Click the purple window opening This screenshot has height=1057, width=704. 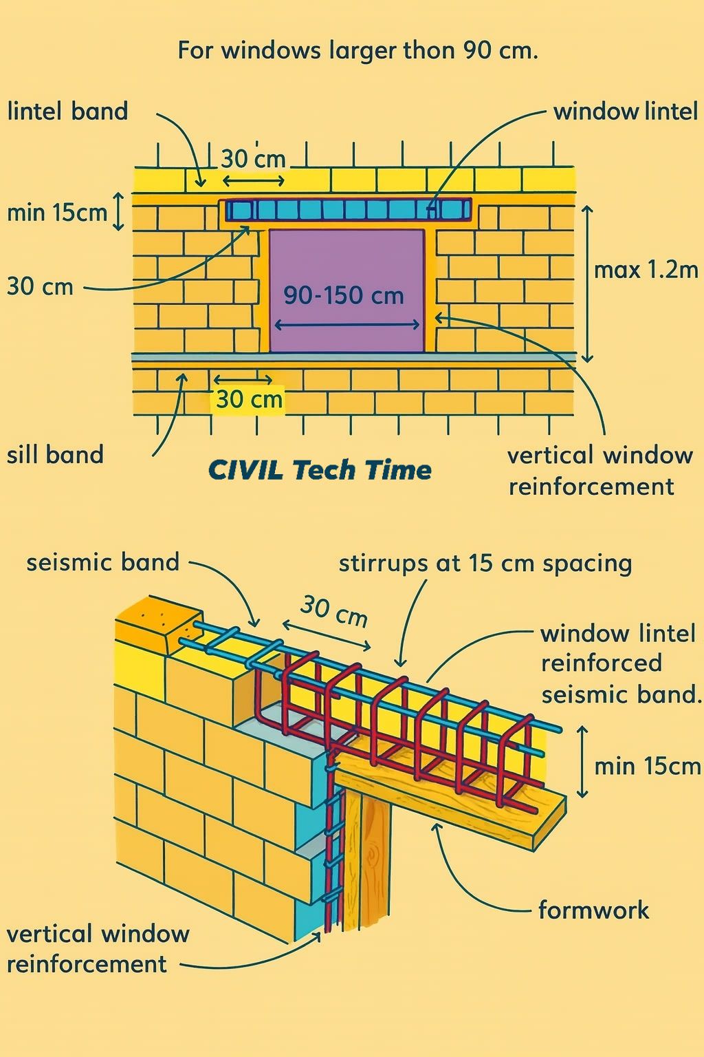pyautogui.click(x=347, y=290)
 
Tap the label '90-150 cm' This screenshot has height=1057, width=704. pyautogui.click(x=344, y=296)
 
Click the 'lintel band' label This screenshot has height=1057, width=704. pyautogui.click(x=68, y=112)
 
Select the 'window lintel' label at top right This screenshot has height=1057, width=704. pyautogui.click(x=625, y=112)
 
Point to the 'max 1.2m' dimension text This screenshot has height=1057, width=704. pyautogui.click(x=646, y=270)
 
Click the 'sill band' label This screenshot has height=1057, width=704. pyautogui.click(x=55, y=455)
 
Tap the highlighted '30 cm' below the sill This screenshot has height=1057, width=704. pyautogui.click(x=249, y=399)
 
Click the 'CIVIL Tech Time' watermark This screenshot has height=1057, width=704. pyautogui.click(x=320, y=470)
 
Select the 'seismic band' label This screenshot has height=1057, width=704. pyautogui.click(x=103, y=562)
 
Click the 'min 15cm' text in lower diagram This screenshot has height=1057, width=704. pyautogui.click(x=648, y=767)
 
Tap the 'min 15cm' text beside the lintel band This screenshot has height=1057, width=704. pyautogui.click(x=57, y=213)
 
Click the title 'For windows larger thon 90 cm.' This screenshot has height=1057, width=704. pyautogui.click(x=357, y=50)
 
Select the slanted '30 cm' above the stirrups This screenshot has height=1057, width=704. pyautogui.click(x=333, y=612)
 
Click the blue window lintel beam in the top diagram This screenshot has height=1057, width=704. pyautogui.click(x=349, y=210)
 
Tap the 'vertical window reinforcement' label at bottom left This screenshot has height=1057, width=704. pyautogui.click(x=98, y=950)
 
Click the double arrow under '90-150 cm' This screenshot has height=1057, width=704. pyautogui.click(x=347, y=325)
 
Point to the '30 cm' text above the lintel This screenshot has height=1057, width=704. pyautogui.click(x=253, y=159)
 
